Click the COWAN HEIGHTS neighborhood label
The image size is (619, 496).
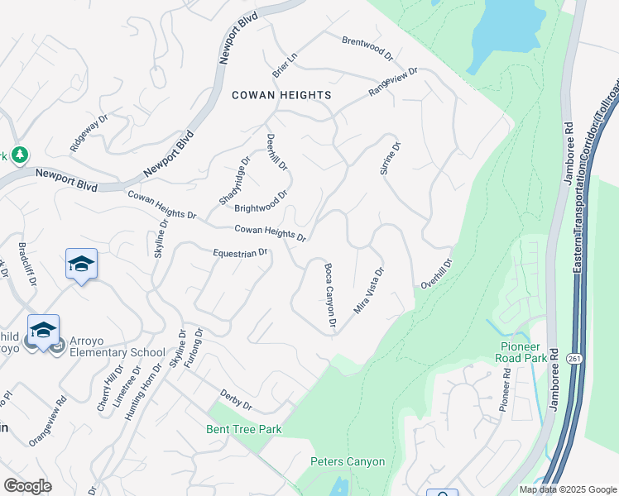pos(281,95)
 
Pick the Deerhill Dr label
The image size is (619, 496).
pos(276,152)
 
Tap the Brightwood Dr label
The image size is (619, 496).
pos(261,203)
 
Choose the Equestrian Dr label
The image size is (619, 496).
pos(240,253)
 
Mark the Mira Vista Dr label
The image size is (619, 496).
pos(369,290)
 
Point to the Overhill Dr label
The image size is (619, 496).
pos(436,274)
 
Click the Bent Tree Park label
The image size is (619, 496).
pos(244,429)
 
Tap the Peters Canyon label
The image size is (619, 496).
pos(348,461)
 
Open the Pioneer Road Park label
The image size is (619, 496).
pos(524,353)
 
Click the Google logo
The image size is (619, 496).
pos(27,486)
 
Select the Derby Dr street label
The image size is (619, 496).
pos(236,400)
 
